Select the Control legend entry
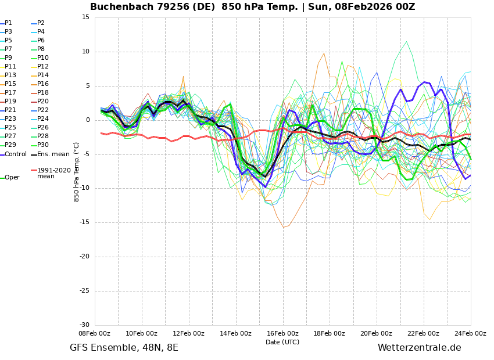coord(13,154)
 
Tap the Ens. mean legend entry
coord(50,154)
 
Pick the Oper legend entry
coord(10,178)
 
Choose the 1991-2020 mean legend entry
coord(51,173)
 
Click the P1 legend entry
coord(6,23)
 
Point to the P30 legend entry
coord(40,145)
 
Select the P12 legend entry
coord(40,66)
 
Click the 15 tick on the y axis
coord(85,17)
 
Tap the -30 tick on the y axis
coord(84,325)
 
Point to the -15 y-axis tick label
coord(84,222)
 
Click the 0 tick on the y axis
coord(88,120)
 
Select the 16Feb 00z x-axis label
coord(282,333)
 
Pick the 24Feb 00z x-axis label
coord(470,333)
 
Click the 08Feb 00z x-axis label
coord(95,333)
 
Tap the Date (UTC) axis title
coord(282,342)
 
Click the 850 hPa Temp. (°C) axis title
coord(76,172)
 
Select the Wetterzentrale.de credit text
coord(420,348)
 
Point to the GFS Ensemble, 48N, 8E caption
coord(124,348)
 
